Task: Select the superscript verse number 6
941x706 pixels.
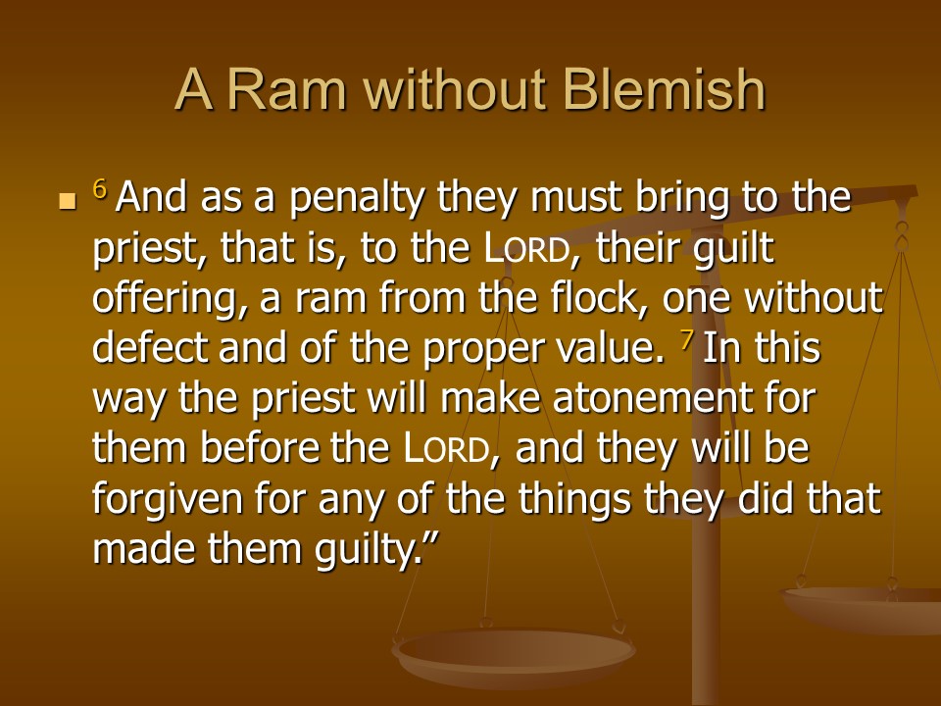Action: [100, 189]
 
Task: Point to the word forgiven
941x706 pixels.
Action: [168, 499]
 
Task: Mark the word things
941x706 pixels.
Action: [575, 499]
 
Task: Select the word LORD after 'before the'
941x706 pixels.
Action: [447, 448]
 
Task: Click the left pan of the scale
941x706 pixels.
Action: [514, 653]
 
